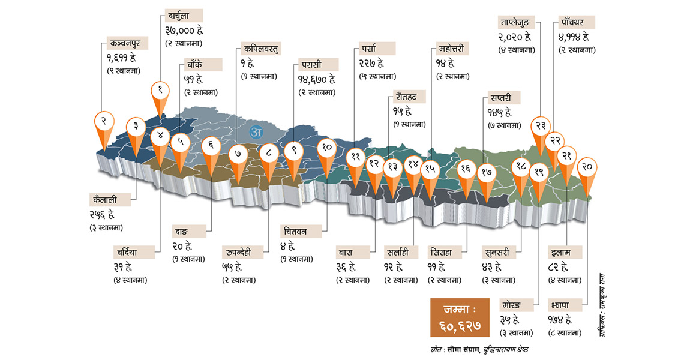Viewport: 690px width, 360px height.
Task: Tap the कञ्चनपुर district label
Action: (125, 43)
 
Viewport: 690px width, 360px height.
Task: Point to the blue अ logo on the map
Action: (257, 131)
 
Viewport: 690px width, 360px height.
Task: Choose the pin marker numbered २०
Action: (588, 167)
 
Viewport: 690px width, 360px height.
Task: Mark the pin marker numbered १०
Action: (327, 148)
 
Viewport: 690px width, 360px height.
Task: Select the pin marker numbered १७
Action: (487, 172)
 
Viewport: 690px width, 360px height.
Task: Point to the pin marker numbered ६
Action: (211, 145)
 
